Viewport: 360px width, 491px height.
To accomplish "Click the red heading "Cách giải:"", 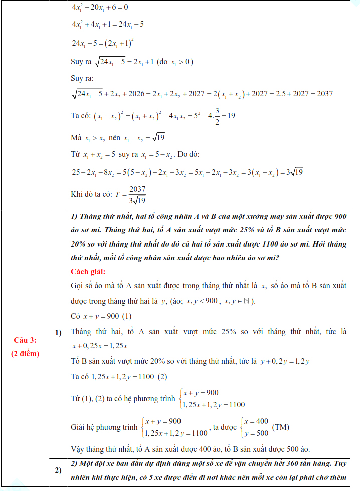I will coord(88,272).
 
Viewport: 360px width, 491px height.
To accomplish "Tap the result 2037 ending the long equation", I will coord(323,94).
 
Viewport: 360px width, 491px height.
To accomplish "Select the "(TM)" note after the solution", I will coord(280,428).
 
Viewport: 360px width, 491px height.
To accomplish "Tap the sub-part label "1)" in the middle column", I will coord(58,332).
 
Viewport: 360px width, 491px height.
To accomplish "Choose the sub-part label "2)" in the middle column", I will coord(58,470).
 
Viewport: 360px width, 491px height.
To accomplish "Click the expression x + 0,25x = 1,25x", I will coord(100,346).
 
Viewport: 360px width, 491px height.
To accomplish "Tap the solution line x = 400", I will coord(257,422).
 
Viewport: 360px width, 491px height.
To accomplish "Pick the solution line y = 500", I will coord(257,433).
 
